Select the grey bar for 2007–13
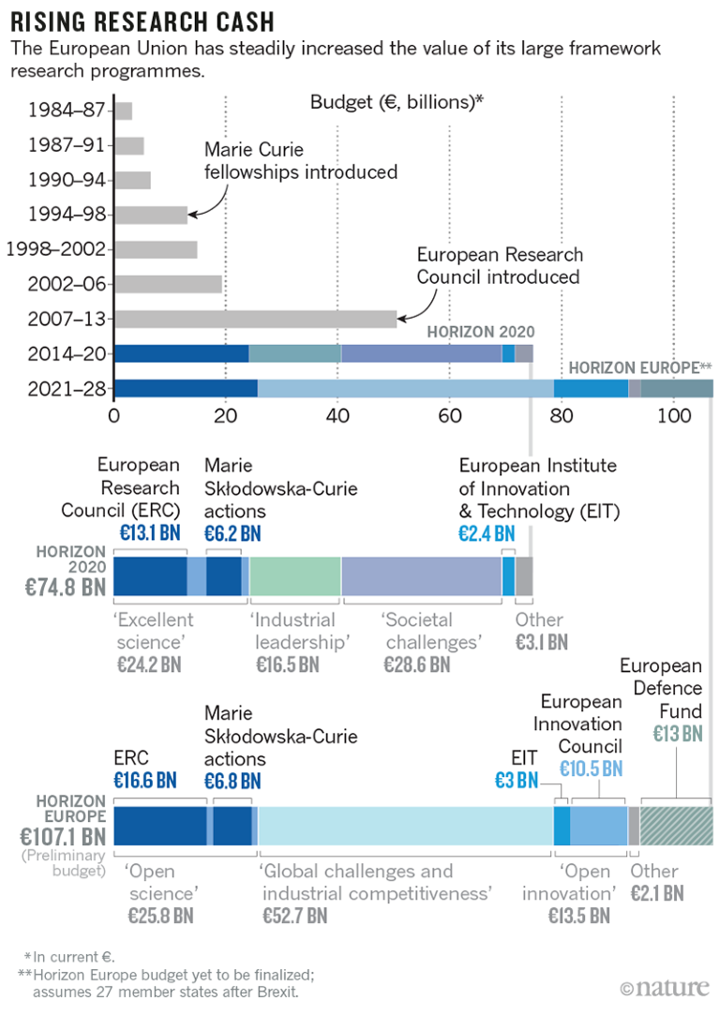click(x=255, y=319)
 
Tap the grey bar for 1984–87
click(x=123, y=111)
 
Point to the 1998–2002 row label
click(x=54, y=249)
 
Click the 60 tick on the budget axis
click(x=449, y=413)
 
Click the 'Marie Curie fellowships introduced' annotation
click(x=300, y=161)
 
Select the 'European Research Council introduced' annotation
click(x=500, y=266)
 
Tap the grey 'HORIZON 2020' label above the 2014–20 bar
click(x=481, y=332)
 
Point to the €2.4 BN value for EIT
click(x=487, y=534)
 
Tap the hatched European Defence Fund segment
click(x=676, y=826)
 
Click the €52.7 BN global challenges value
click(x=293, y=915)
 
